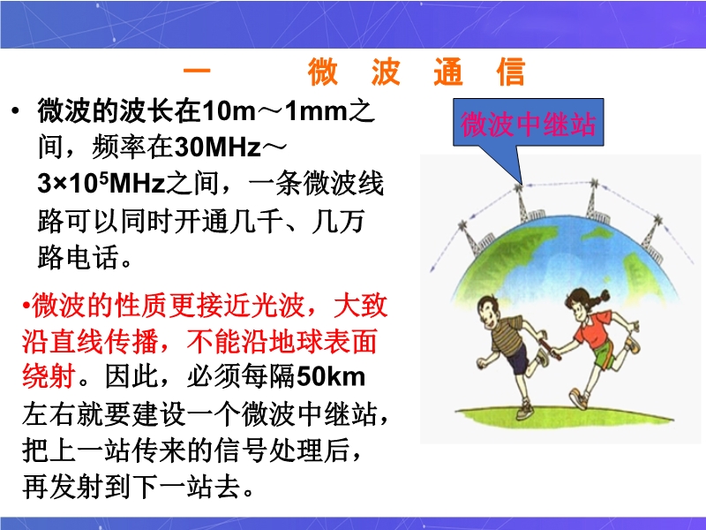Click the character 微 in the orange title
(x=322, y=72)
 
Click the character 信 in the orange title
(x=511, y=72)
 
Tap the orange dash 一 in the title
(x=197, y=71)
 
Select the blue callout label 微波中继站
(x=528, y=124)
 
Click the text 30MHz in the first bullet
(x=218, y=147)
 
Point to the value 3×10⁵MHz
(x=101, y=184)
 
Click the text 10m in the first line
(x=229, y=111)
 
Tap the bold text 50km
(x=331, y=377)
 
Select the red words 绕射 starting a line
(x=49, y=377)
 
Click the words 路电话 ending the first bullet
(x=78, y=257)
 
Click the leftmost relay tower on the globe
(x=469, y=238)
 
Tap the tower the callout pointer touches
(x=522, y=204)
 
